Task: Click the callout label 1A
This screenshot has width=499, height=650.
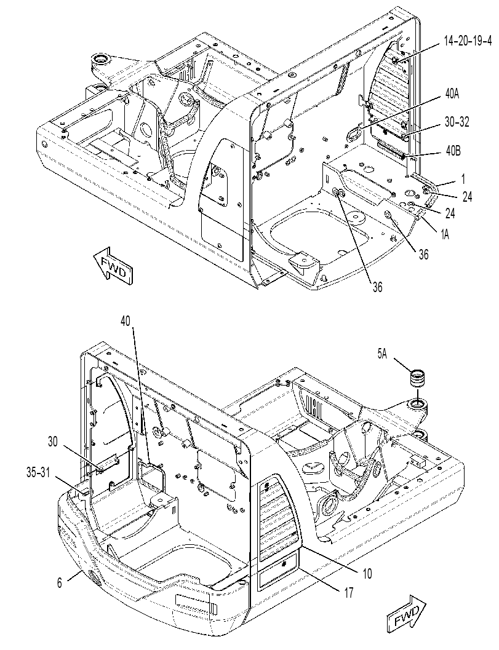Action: pos(445,235)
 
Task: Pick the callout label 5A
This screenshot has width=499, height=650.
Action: pos(383,354)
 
